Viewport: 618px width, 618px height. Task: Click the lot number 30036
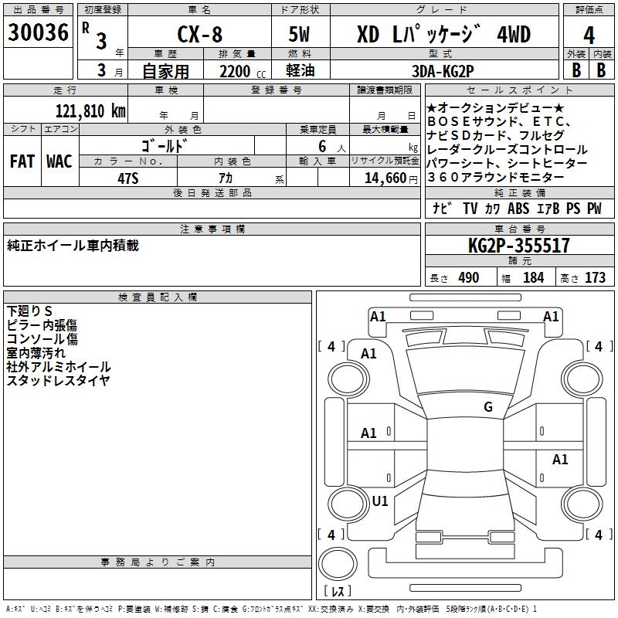(x=38, y=32)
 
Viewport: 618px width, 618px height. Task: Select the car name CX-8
(x=200, y=34)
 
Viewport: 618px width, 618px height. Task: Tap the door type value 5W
(x=299, y=34)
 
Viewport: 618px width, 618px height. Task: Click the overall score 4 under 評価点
(x=589, y=36)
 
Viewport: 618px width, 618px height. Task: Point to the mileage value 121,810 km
(x=90, y=111)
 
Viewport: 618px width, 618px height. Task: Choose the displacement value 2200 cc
(x=243, y=71)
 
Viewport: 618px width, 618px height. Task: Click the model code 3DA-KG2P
(x=443, y=71)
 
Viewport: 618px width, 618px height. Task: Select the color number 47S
(x=128, y=178)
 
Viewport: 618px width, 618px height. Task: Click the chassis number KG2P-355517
(x=518, y=246)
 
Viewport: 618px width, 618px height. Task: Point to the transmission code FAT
(x=22, y=161)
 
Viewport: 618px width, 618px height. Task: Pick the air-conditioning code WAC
(x=59, y=161)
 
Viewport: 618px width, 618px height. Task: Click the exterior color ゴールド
(x=165, y=146)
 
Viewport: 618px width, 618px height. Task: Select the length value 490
(x=469, y=277)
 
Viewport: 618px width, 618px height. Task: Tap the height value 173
(x=595, y=277)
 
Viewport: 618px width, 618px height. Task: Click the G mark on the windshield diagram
(x=488, y=406)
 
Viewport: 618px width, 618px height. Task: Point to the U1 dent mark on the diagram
(x=380, y=501)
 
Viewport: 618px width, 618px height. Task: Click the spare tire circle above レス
(x=338, y=564)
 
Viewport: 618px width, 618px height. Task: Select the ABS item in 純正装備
(x=518, y=208)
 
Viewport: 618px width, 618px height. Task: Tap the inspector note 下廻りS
(x=29, y=311)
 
